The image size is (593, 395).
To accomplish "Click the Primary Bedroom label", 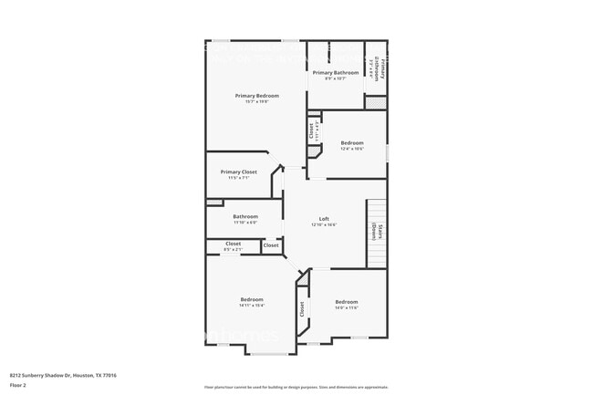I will (x=256, y=96).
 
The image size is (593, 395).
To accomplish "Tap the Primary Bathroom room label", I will (x=335, y=72).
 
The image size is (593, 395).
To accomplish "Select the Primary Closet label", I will (x=238, y=172).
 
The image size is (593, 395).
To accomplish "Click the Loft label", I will (x=324, y=219).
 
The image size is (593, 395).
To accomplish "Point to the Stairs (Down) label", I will (x=375, y=233).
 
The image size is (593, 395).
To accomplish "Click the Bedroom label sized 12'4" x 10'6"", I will (x=352, y=142).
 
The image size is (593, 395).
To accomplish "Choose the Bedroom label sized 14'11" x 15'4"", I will (x=252, y=299).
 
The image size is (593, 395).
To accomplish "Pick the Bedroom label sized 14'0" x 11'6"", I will (x=346, y=301).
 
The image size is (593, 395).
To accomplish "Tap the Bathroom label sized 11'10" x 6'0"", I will (x=245, y=216).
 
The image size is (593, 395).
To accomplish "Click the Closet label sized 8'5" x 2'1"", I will (x=233, y=244).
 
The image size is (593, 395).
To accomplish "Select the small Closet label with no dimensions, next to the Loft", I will (x=271, y=245).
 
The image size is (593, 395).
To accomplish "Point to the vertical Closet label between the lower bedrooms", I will (x=302, y=310).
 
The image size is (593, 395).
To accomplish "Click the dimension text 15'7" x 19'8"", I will (x=256, y=101).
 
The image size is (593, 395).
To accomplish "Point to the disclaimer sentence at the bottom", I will (x=296, y=387).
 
